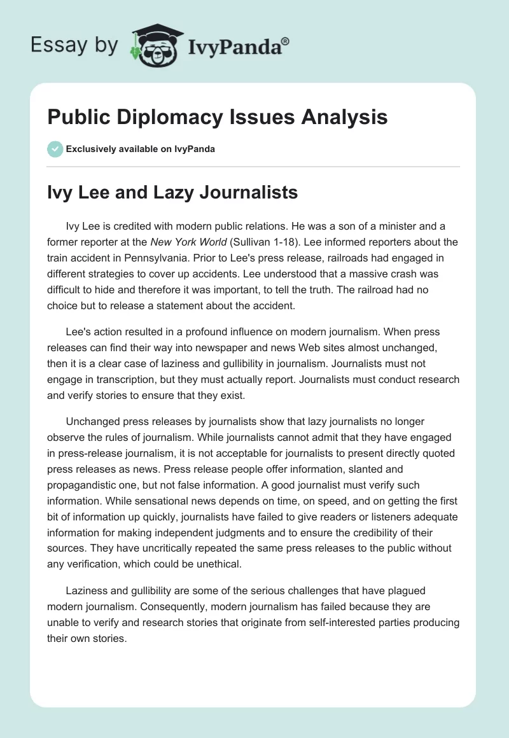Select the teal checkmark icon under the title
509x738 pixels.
click(55, 149)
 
